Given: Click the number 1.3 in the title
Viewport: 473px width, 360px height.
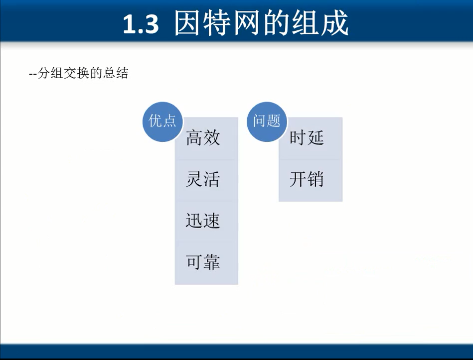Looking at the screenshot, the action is [141, 24].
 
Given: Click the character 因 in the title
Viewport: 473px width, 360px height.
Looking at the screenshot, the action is [187, 23].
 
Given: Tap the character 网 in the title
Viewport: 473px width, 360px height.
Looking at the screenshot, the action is [246, 23].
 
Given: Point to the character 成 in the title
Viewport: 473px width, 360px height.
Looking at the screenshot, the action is [334, 23].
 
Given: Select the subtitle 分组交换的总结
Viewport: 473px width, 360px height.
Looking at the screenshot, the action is [83, 73].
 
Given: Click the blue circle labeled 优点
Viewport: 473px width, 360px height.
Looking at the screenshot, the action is [163, 121].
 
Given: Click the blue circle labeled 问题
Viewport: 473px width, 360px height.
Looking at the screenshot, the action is [267, 121].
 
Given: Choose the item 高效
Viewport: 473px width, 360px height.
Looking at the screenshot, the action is [203, 137].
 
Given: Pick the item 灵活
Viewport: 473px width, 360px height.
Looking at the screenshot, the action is [203, 179].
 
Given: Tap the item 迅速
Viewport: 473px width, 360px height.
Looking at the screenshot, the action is [203, 221].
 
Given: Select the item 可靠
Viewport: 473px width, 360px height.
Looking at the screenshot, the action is [203, 261].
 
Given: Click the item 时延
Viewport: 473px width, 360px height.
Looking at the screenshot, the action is [307, 137].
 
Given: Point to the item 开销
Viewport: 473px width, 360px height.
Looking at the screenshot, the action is [307, 179].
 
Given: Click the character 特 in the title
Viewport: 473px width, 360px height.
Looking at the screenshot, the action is [217, 23].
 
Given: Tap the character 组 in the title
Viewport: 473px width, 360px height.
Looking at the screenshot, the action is [305, 23].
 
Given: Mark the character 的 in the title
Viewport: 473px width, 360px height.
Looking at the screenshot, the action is [276, 23].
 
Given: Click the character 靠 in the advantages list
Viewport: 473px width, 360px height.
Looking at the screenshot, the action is [211, 261].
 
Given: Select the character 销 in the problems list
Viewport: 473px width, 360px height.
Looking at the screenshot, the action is [315, 179].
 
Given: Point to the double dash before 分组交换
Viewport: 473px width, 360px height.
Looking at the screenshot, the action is [33, 74].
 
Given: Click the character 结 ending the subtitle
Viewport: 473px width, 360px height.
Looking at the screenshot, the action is [122, 73].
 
